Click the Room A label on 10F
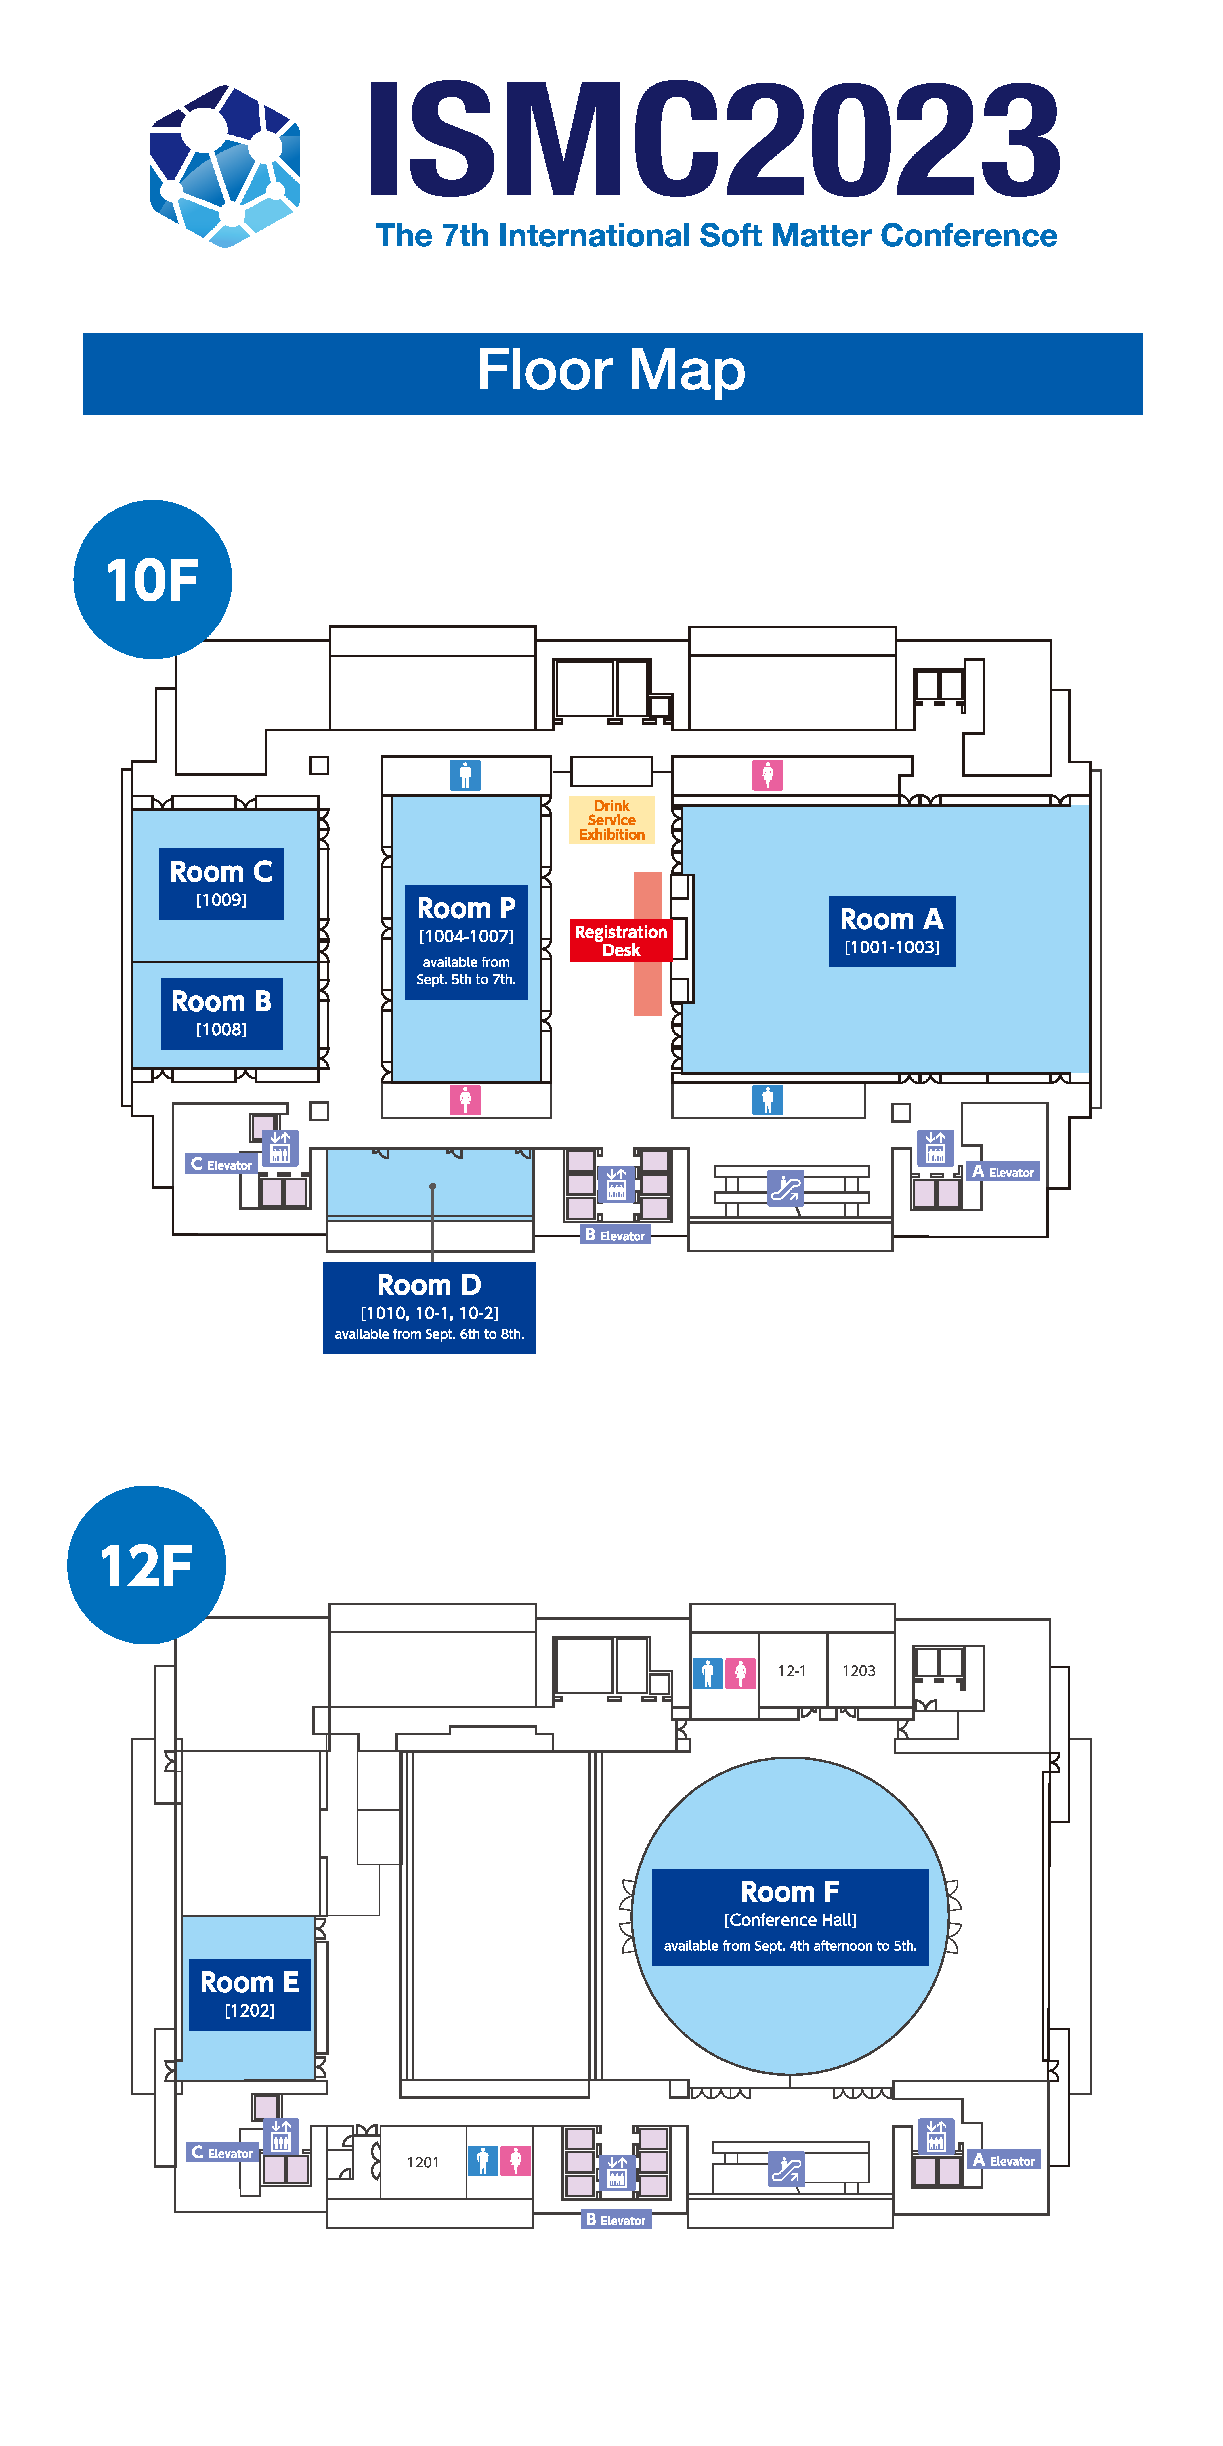tap(892, 932)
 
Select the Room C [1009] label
tap(221, 883)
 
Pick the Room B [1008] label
tap(221, 1013)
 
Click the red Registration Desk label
tap(621, 940)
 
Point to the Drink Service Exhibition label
tap(611, 819)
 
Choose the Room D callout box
tap(429, 1308)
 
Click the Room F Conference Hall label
tap(790, 1916)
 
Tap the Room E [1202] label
tap(250, 1994)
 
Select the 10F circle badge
tap(153, 579)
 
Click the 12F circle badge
tap(146, 1565)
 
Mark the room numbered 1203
tap(859, 1670)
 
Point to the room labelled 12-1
tap(792, 1670)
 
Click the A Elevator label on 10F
tap(1004, 1172)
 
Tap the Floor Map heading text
tap(611, 370)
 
